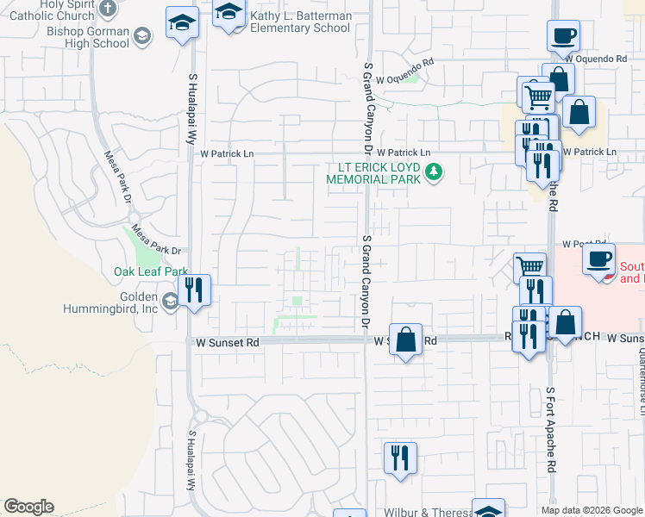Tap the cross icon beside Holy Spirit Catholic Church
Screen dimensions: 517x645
click(107, 9)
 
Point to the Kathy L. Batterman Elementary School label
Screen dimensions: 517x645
click(299, 22)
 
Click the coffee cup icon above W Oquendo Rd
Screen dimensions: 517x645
click(563, 37)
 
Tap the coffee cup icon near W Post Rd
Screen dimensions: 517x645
click(598, 258)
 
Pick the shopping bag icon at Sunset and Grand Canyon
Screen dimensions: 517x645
click(404, 338)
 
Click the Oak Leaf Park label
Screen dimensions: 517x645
click(151, 271)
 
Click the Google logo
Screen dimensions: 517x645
click(28, 507)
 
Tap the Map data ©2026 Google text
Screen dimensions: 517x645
click(592, 510)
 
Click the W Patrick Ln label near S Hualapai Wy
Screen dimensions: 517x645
click(227, 153)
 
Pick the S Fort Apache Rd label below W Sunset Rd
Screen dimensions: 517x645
click(551, 429)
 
